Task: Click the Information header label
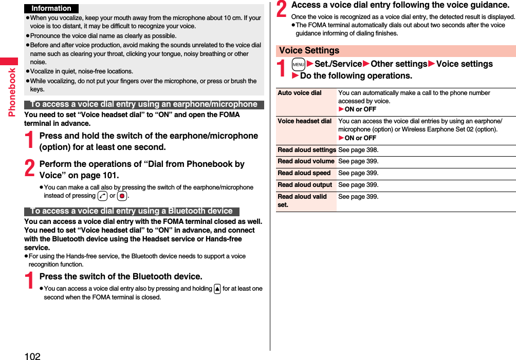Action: pyautogui.click(x=51, y=8)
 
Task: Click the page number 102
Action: pyautogui.click(x=32, y=355)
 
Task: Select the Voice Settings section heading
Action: pyautogui.click(x=309, y=50)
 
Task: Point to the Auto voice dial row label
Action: pyautogui.click(x=300, y=93)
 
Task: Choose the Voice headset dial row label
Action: pyautogui.click(x=304, y=121)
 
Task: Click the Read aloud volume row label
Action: pyautogui.click(x=306, y=161)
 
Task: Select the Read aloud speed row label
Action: pyautogui.click(x=304, y=173)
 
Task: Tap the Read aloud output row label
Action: pyautogui.click(x=305, y=185)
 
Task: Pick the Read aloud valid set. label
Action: pyautogui.click(x=302, y=200)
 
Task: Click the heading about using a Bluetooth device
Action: pyautogui.click(x=132, y=211)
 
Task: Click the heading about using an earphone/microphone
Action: pyautogui.click(x=143, y=104)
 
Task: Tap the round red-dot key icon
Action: pyautogui.click(x=122, y=196)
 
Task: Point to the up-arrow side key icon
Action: pyautogui.click(x=217, y=289)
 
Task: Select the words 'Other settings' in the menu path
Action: pyautogui.click(x=399, y=64)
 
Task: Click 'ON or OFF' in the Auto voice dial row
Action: pyautogui.click(x=360, y=109)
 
